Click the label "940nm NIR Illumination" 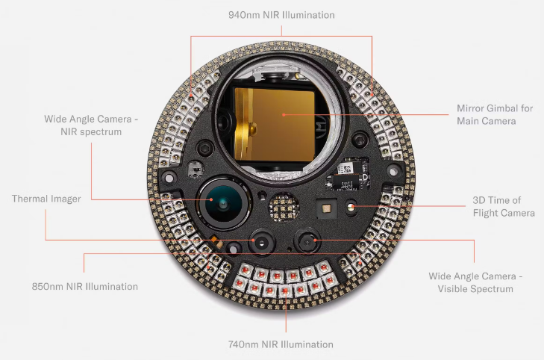point(281,15)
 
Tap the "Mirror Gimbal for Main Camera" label point(495,114)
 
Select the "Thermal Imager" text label point(46,199)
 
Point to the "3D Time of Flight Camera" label point(504,207)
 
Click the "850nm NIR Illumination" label point(84,286)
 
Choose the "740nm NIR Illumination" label point(281,344)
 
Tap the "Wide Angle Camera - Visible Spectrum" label point(475,282)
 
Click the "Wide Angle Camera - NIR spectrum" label point(91,125)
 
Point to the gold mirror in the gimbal point(275,124)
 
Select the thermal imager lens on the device point(262,241)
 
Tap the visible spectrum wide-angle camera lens point(307,241)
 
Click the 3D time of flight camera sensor point(351,207)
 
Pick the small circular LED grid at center point(284,207)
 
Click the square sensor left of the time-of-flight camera point(326,208)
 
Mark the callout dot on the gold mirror point(284,114)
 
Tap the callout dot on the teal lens point(211,199)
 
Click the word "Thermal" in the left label point(29,199)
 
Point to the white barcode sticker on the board point(344,169)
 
